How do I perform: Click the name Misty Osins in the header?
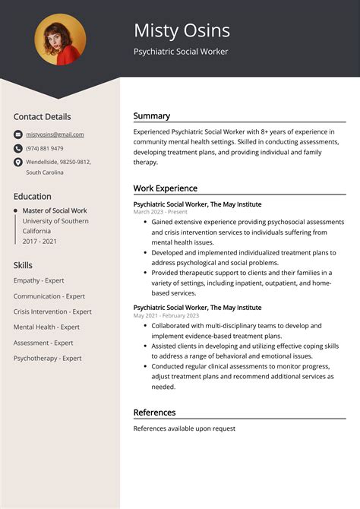click(x=182, y=30)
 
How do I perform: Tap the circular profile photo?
click(x=60, y=40)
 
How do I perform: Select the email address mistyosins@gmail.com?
click(x=55, y=134)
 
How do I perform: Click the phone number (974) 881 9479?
click(x=45, y=148)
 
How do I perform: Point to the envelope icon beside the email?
click(x=17, y=134)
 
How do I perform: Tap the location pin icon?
click(x=17, y=162)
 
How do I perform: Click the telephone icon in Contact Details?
click(x=17, y=148)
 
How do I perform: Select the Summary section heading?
click(x=152, y=116)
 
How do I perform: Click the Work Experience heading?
click(x=165, y=188)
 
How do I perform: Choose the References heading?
click(x=154, y=413)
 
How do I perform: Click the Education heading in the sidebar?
click(x=33, y=196)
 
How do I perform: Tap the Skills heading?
click(x=23, y=265)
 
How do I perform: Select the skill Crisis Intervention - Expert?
click(x=52, y=311)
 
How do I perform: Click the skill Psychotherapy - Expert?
click(x=47, y=358)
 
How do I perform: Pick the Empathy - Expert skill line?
click(x=39, y=280)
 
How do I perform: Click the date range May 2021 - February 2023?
click(x=166, y=315)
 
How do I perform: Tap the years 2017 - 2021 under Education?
click(x=39, y=241)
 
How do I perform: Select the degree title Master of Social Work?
click(x=55, y=210)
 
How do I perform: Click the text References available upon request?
click(x=184, y=428)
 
